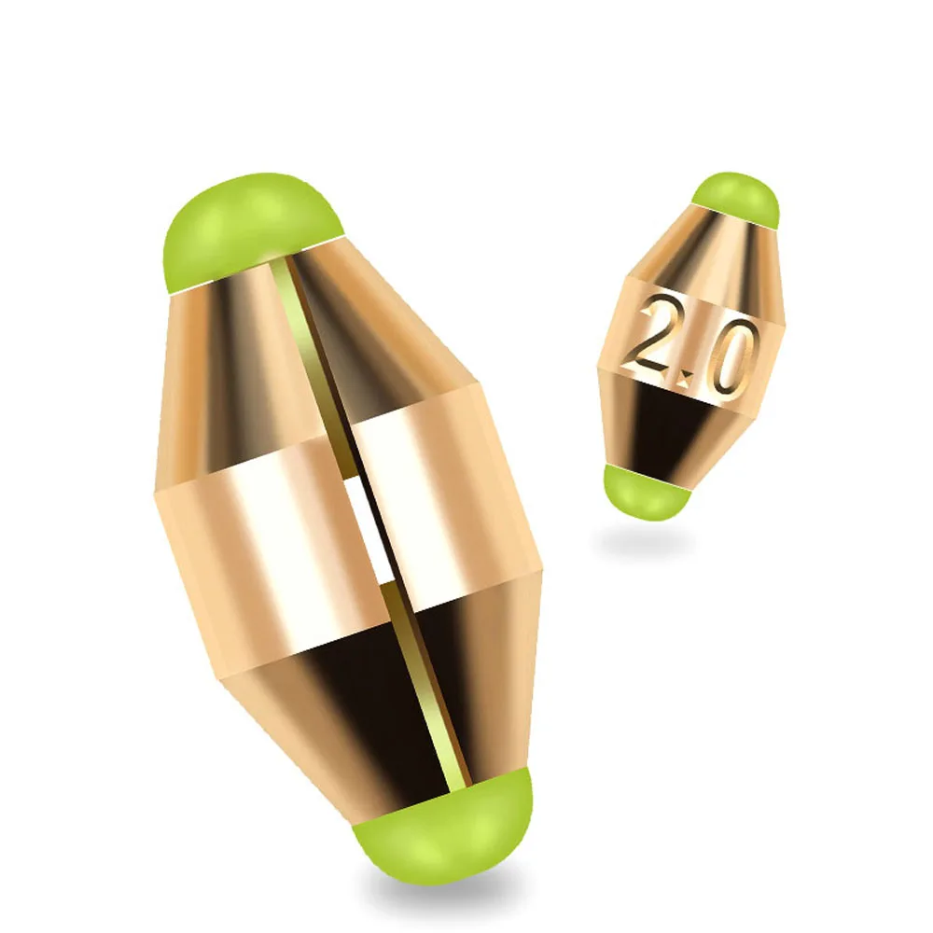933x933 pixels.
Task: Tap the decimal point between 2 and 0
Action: [689, 377]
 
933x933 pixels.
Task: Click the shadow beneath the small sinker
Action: [644, 541]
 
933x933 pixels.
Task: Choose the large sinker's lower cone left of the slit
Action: [327, 709]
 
